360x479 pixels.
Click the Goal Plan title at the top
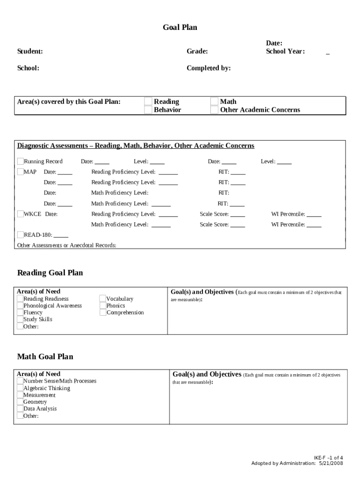coord(180,28)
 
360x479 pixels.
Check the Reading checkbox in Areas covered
coord(148,102)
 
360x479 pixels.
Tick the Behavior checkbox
coord(148,110)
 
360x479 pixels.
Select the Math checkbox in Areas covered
coord(214,102)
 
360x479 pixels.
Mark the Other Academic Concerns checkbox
coord(214,110)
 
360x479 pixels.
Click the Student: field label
coord(30,51)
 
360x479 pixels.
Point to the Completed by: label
coord(209,68)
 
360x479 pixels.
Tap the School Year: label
coord(285,51)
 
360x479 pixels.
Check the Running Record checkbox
coord(21,161)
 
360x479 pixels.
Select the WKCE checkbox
coord(21,214)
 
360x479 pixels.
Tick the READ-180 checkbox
coord(21,235)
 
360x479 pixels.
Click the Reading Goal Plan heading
coord(50,273)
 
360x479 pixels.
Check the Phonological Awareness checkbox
coord(20,305)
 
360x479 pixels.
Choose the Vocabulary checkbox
coord(103,298)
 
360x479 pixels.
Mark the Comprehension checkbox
coord(103,312)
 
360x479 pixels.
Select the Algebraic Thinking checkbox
coord(20,388)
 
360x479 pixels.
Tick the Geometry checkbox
coord(20,401)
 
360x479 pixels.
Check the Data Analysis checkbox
coord(20,408)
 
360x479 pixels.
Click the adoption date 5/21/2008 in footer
coord(331,463)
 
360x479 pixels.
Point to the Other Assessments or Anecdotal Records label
coord(67,245)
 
